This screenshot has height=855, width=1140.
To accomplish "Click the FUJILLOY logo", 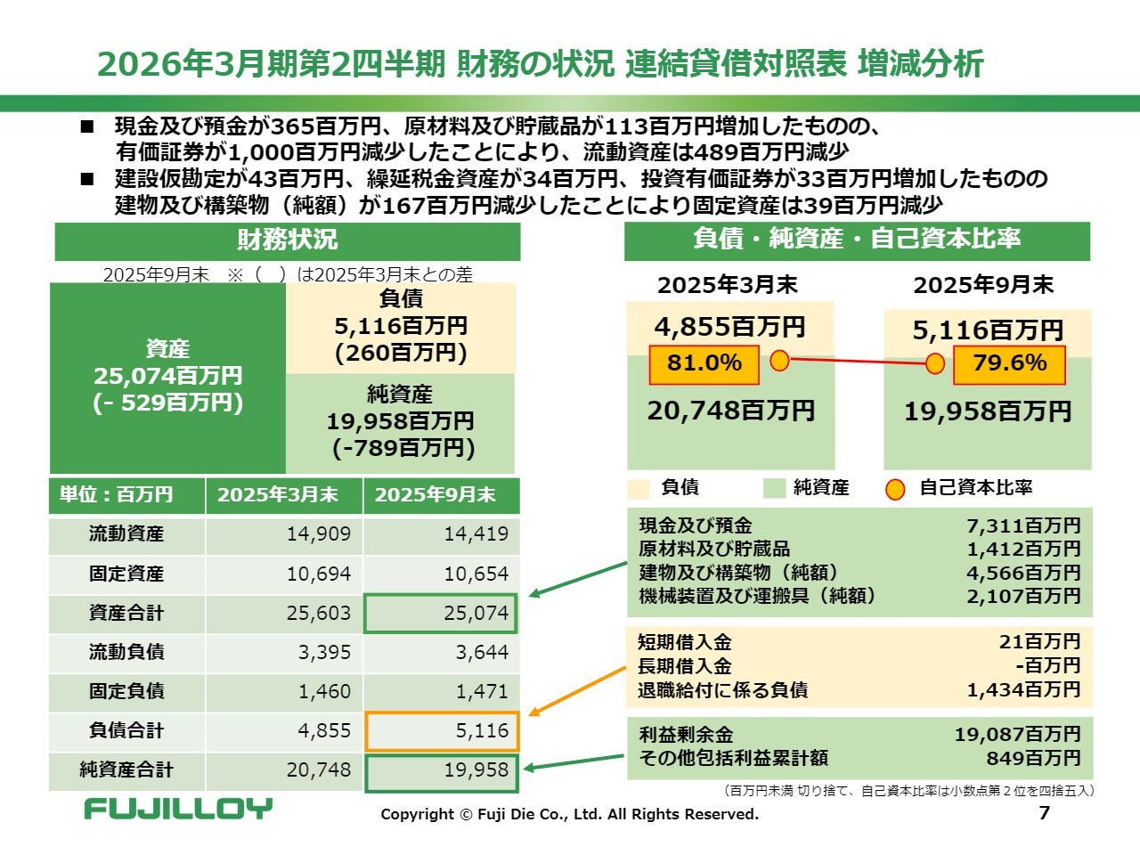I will pos(178,808).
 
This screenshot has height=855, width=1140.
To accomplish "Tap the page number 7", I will pos(1045,812).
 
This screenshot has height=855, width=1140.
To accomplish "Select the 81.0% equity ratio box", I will pos(704,363).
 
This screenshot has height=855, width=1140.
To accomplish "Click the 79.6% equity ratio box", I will pos(1009,363).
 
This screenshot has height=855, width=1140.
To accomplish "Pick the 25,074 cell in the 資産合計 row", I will pos(441,614).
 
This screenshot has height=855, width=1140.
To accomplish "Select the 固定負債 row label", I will pos(126,691).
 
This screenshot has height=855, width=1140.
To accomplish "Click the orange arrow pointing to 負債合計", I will pos(579,690).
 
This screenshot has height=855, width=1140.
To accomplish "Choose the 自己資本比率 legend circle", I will pos(895,489).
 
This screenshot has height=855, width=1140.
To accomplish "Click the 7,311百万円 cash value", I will pos(1023,525).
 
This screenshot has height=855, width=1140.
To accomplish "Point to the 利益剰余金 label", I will pos(686,735).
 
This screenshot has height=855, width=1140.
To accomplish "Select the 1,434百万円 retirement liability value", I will pos(1023,689).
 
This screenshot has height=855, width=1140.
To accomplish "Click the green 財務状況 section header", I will pos(287,240).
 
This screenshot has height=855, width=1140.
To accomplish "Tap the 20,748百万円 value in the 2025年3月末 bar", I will pos(730,411).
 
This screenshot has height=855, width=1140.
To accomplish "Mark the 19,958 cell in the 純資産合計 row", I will pos(441,770).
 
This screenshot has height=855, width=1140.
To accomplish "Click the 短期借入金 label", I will pos(685,642).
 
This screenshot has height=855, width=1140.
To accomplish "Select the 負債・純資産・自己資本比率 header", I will pos(857,240).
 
